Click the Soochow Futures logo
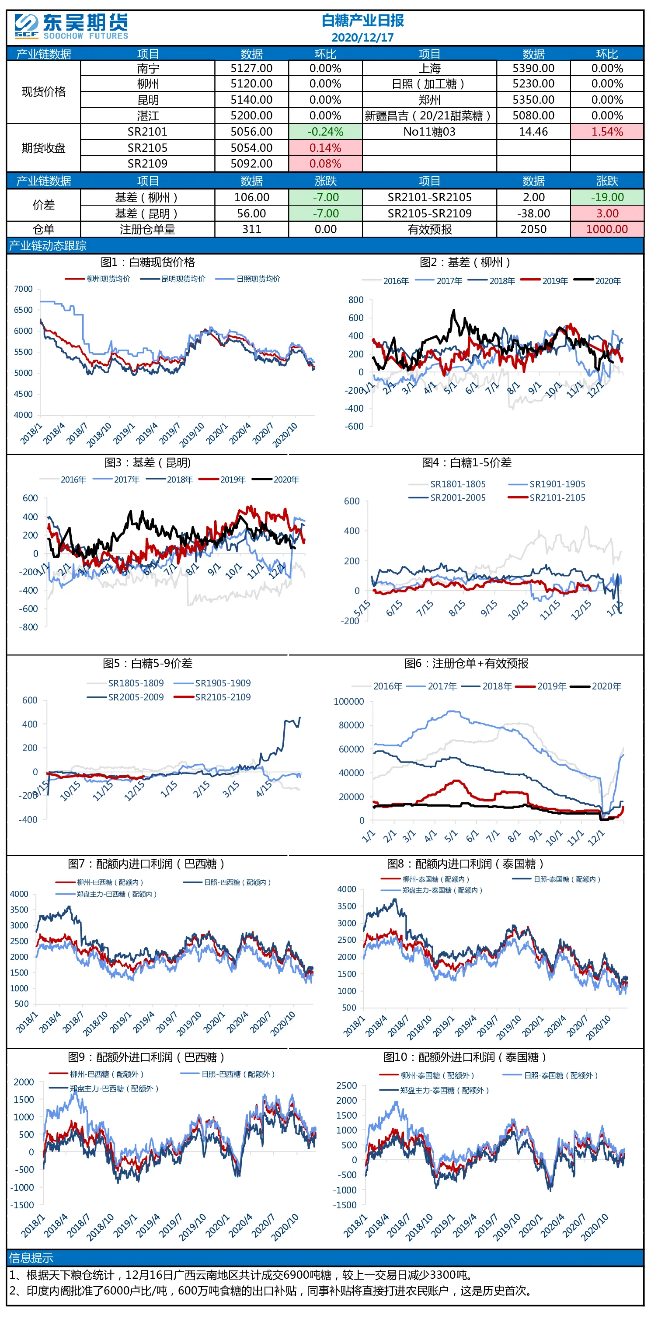71,27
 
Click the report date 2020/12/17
362,38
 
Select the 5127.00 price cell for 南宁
252,68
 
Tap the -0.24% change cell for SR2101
325,132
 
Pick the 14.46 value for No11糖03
533,132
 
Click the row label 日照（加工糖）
429,84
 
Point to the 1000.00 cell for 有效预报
607,229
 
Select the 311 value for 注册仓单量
252,229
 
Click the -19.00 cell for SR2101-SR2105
607,197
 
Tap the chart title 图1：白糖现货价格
148,262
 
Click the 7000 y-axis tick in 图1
24,289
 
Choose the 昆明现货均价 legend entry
173,279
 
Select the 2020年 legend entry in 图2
598,281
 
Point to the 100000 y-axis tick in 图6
349,701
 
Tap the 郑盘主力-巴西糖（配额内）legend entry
106,894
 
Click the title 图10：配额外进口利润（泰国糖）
465,1057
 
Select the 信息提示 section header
31,1258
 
